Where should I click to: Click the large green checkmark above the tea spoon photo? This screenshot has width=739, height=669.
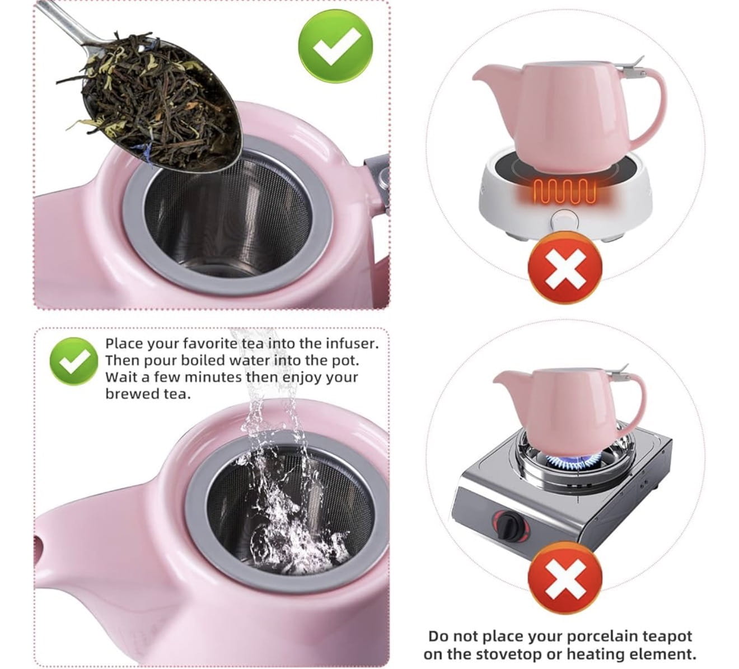click(x=335, y=46)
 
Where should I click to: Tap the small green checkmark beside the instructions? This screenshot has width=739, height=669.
click(x=74, y=362)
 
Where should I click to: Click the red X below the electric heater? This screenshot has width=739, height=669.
click(x=565, y=267)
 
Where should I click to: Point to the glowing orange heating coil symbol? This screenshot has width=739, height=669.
click(x=565, y=191)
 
